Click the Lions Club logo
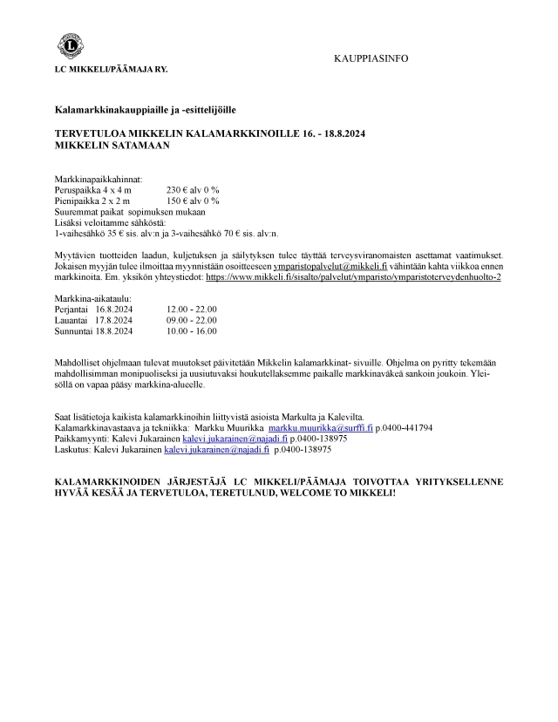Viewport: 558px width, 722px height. (x=69, y=44)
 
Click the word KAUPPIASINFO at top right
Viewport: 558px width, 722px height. (x=371, y=58)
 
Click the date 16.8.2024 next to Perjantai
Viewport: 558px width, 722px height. (x=113, y=309)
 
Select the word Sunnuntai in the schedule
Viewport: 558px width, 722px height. (x=74, y=331)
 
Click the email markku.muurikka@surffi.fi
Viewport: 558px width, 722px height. (x=320, y=428)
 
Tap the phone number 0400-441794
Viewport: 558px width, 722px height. (x=407, y=428)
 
